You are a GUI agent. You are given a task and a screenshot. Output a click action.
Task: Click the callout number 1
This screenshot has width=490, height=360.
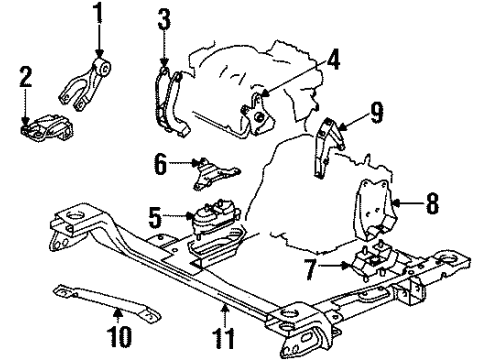pyautogui.click(x=97, y=14)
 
